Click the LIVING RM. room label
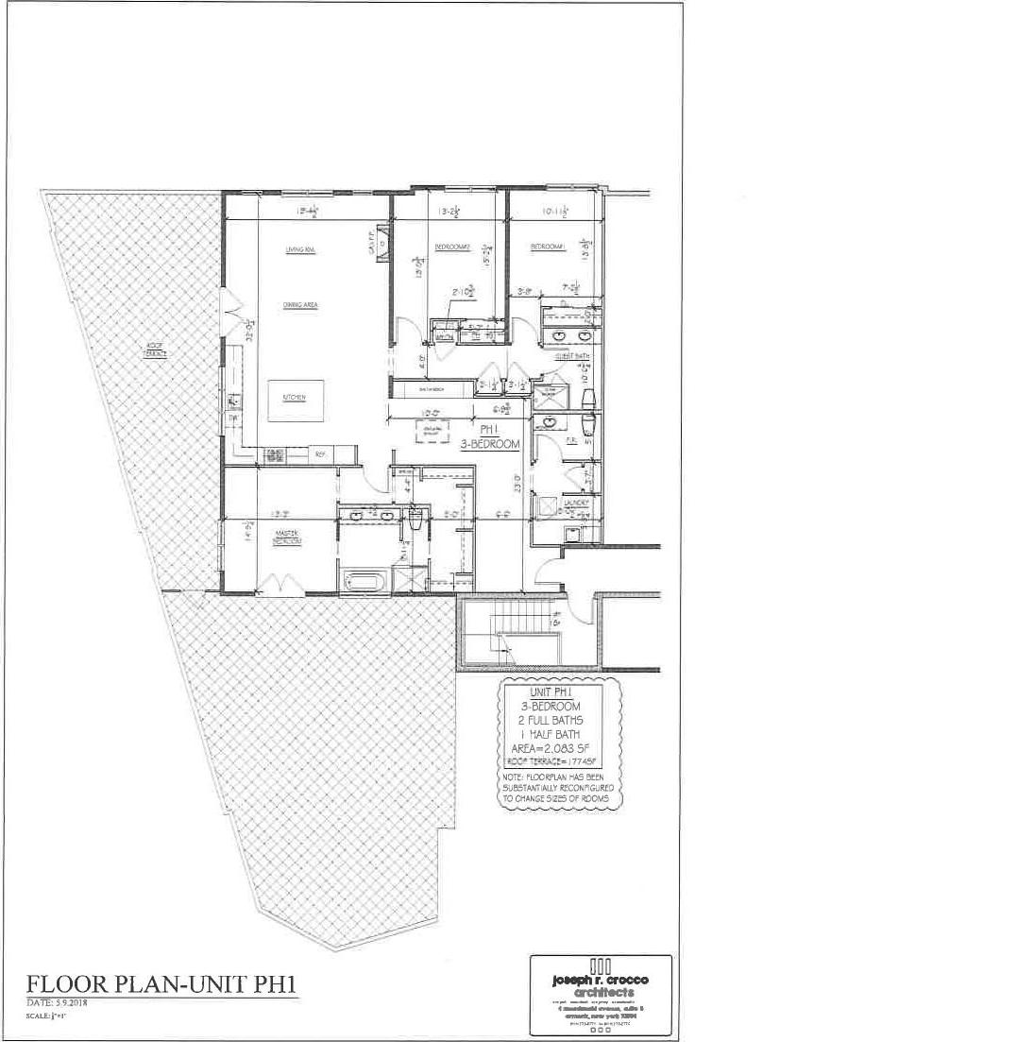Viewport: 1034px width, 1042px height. click(299, 249)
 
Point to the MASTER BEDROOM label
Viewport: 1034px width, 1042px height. click(286, 538)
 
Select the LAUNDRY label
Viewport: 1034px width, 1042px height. click(576, 502)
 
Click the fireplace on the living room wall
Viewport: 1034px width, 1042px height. click(382, 240)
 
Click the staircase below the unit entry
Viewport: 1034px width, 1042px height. click(517, 642)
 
